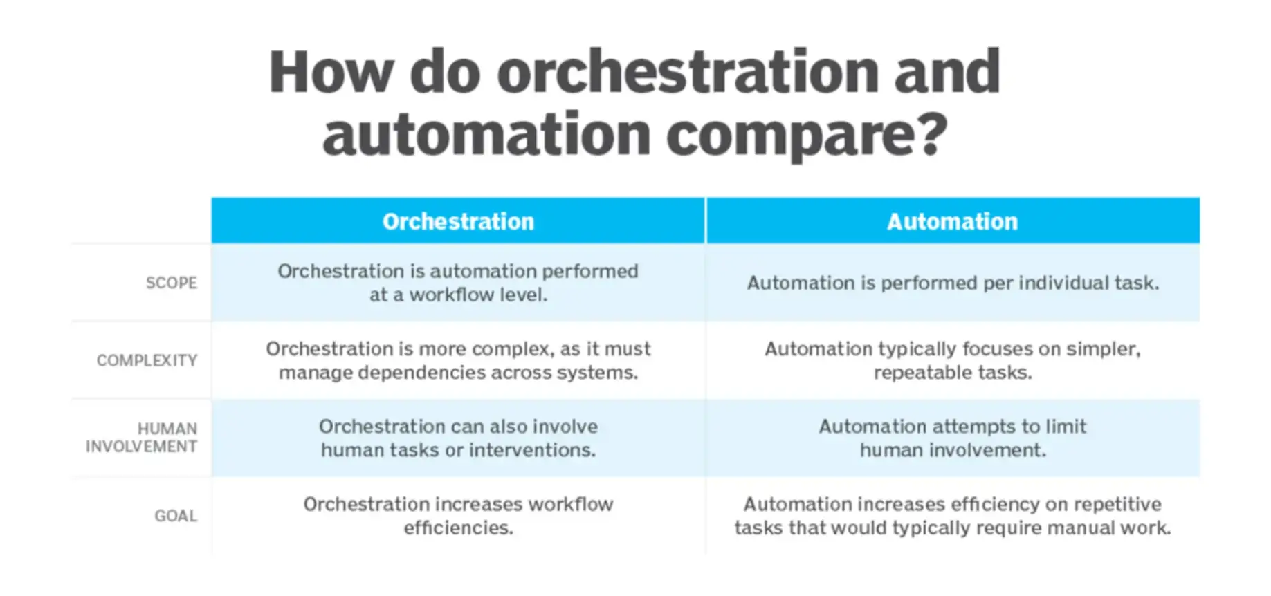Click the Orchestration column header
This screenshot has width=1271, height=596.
(x=458, y=221)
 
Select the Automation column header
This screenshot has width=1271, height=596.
(x=952, y=221)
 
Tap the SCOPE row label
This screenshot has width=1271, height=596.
(x=171, y=283)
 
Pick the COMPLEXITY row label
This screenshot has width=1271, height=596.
(x=147, y=360)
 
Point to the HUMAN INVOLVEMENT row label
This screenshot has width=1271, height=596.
(x=142, y=438)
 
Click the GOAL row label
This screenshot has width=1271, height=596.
(x=175, y=516)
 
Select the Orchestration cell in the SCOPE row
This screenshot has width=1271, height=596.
(x=458, y=283)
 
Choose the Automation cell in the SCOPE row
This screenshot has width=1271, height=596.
(x=952, y=283)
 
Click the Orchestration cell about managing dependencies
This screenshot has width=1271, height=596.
(x=458, y=360)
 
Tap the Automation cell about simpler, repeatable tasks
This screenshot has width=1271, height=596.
(x=952, y=360)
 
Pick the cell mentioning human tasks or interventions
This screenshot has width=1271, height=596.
(x=458, y=438)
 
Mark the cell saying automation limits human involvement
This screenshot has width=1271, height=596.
(x=952, y=438)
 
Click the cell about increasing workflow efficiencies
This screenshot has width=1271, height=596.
(x=458, y=516)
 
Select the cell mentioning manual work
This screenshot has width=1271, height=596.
(x=952, y=516)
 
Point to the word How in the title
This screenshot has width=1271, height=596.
(x=331, y=72)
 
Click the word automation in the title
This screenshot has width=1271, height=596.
(x=486, y=136)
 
